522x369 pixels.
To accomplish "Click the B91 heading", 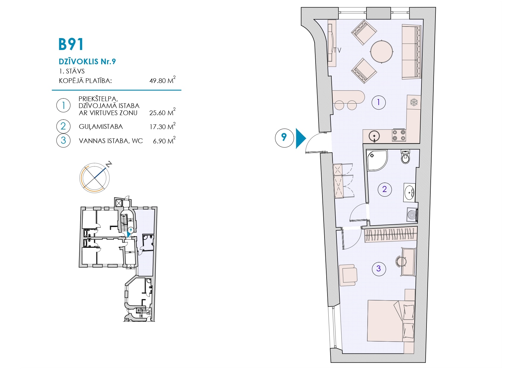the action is tap(71, 45).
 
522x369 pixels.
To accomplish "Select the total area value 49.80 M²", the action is tap(162, 80).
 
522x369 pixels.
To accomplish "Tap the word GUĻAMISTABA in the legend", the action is tap(101, 127).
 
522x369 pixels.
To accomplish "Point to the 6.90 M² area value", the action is tap(164, 140).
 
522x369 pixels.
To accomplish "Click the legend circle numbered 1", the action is tap(63, 105).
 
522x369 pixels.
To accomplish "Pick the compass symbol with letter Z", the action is tap(95, 177).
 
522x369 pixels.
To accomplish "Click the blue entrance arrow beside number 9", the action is tap(301, 138).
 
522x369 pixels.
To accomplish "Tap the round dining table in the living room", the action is tap(381, 51).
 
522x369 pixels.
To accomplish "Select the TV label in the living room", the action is tap(337, 50).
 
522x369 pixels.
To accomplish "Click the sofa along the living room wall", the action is tap(411, 52).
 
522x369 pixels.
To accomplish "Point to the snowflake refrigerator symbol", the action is tap(414, 102).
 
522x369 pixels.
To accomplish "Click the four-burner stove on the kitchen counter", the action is tap(399, 135).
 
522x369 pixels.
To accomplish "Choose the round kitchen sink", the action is tap(374, 136).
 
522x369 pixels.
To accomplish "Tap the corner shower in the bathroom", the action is tap(377, 160).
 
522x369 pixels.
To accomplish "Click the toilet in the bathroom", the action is tap(405, 157).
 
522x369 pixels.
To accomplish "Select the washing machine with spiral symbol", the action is tap(412, 215).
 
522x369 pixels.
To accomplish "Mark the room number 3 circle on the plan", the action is tap(379, 268).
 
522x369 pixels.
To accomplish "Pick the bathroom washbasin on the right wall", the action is tap(410, 192).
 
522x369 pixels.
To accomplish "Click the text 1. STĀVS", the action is tap(72, 71).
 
